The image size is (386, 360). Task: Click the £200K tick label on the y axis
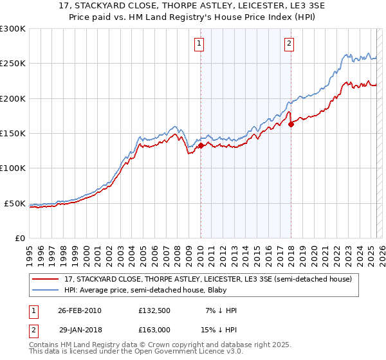click(12, 98)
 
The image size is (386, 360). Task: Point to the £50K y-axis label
click(14, 203)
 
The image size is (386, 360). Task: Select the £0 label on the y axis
click(19, 238)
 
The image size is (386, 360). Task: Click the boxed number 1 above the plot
click(199, 44)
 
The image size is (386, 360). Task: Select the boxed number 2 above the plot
click(289, 44)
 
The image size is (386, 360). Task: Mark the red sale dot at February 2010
click(201, 145)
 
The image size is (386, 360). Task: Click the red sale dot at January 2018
click(291, 124)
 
